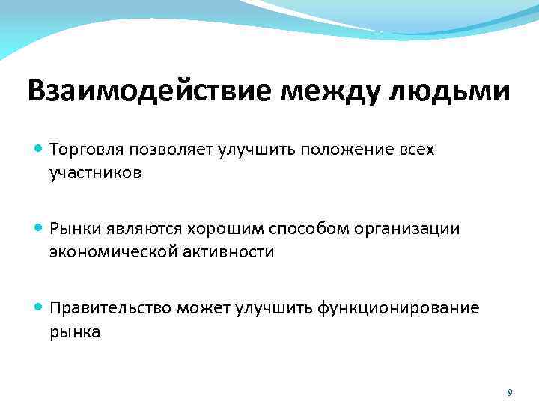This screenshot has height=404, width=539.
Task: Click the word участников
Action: click(95, 173)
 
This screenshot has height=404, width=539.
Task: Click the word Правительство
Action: click(110, 307)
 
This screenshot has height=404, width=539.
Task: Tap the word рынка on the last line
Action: click(74, 331)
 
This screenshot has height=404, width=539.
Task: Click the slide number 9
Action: click(510, 392)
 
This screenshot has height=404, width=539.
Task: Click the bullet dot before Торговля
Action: click(39, 149)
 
